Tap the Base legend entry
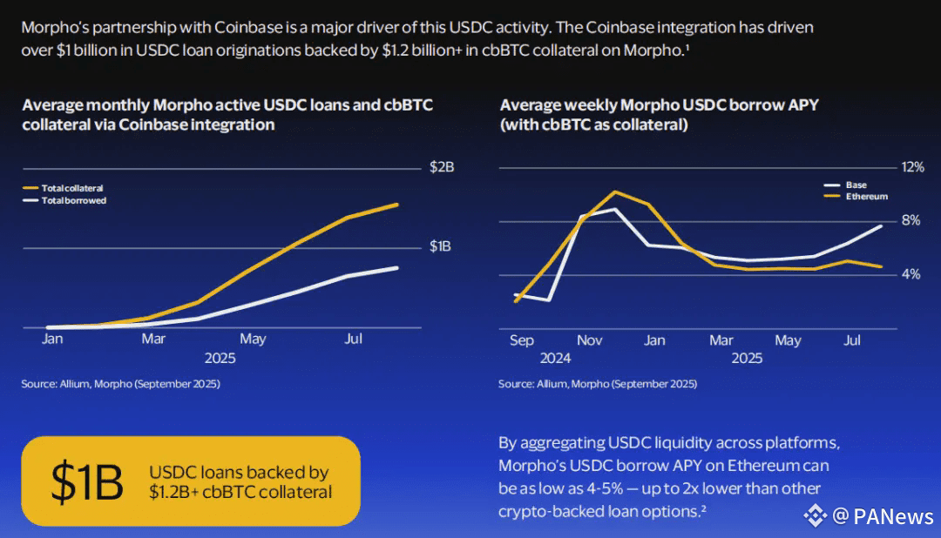[856, 185]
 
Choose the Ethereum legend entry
[866, 197]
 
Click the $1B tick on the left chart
[441, 246]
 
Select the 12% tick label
[911, 167]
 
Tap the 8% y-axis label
[911, 220]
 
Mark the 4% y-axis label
[911, 274]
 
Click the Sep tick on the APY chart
[521, 340]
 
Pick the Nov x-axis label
[590, 340]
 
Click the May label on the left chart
[253, 339]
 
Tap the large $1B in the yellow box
[87, 481]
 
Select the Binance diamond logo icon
[816, 516]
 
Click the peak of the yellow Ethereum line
[615, 192]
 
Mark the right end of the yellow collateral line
[397, 205]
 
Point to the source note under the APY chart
[598, 384]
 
